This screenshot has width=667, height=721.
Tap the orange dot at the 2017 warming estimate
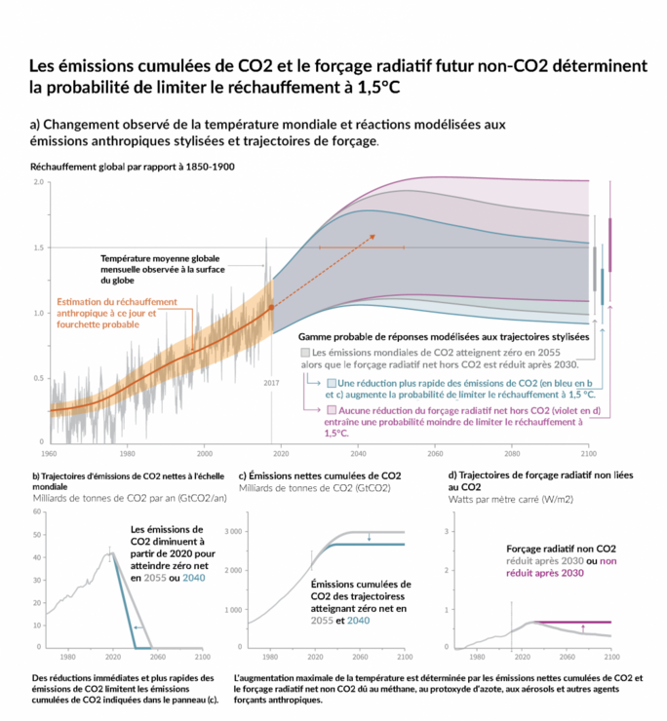[x=271, y=307]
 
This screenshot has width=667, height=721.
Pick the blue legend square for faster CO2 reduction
[x=333, y=383]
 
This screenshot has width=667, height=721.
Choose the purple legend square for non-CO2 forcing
[x=333, y=411]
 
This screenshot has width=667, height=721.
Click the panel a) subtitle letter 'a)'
[x=36, y=126]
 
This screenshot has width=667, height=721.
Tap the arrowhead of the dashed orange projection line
[x=374, y=237]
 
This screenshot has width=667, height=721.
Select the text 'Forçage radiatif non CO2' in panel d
[x=562, y=550]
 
